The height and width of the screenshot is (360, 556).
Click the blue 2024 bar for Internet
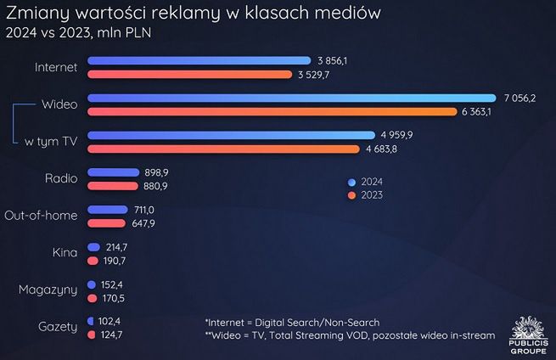click(199, 60)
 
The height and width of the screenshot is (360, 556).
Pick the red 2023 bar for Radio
click(112, 186)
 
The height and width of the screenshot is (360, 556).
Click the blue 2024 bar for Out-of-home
click(109, 209)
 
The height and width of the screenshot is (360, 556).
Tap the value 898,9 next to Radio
click(160, 172)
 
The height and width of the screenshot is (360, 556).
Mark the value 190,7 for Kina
click(117, 260)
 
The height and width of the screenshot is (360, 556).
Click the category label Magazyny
click(48, 290)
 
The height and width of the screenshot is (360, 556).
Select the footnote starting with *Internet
click(292, 322)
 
